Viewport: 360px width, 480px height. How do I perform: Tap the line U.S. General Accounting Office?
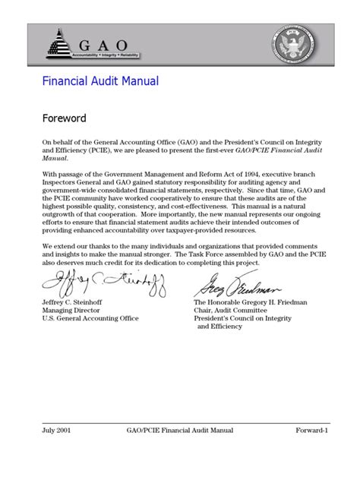pos(90,318)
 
